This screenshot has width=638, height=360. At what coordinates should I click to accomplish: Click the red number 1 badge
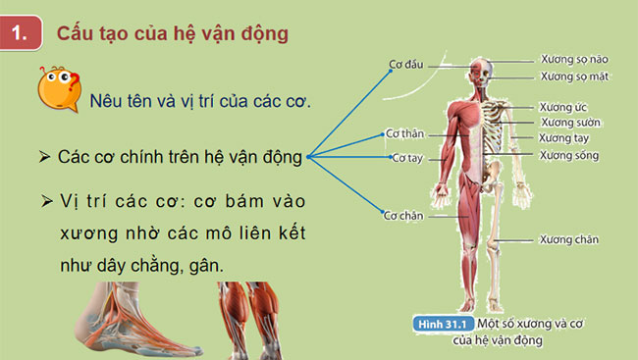[21, 33]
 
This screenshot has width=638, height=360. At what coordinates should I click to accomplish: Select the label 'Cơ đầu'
[404, 64]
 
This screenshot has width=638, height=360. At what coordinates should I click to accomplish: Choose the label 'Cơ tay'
[405, 157]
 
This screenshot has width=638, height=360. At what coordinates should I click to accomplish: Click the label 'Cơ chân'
[402, 214]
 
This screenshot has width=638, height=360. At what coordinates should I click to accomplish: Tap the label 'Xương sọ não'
[574, 59]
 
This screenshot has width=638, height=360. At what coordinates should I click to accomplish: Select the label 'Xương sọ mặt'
[575, 77]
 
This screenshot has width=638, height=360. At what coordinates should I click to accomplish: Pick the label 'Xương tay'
[563, 138]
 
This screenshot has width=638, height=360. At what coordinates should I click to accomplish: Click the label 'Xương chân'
[568, 238]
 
